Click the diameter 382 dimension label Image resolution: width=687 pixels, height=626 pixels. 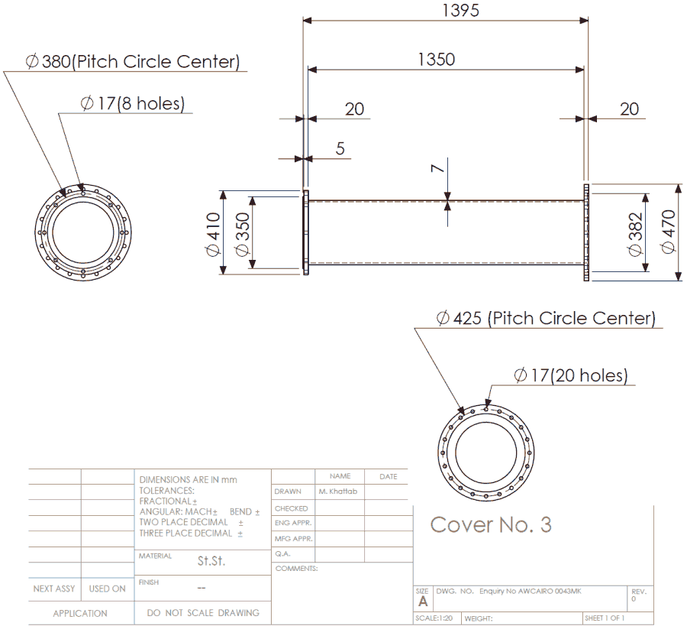pos(636,232)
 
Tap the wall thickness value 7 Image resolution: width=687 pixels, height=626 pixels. pos(436,169)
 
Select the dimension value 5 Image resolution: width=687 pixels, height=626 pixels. pos(340,148)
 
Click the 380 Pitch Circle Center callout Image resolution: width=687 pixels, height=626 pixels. pos(133,62)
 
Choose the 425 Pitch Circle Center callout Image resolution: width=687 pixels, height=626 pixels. pos(546,318)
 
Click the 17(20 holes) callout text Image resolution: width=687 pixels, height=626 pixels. pos(570,375)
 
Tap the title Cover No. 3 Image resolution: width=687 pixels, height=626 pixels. pos(491,525)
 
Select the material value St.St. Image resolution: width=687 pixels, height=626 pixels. pos(211,561)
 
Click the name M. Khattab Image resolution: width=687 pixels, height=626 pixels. pos(338,491)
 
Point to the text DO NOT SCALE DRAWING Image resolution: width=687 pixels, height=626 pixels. pos(203,613)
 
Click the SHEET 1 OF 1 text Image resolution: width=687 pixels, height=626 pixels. pos(605,618)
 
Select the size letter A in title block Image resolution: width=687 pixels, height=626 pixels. pos(423,602)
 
